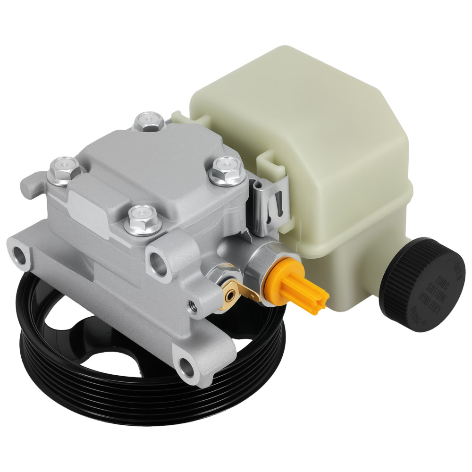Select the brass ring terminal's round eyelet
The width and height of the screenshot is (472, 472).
coord(231,294)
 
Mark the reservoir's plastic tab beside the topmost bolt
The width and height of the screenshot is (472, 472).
coord(177,117)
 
